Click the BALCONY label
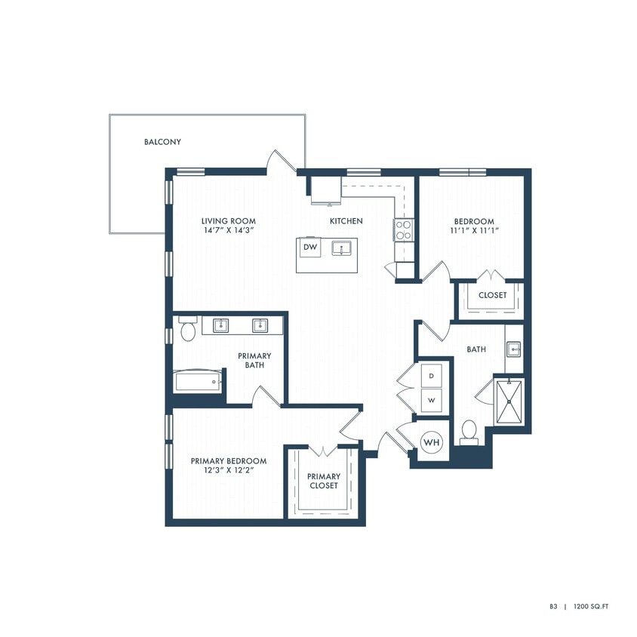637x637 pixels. pyautogui.click(x=162, y=142)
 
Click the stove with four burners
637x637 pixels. pyautogui.click(x=403, y=229)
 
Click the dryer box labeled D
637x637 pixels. pyautogui.click(x=432, y=375)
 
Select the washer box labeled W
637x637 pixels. pyautogui.click(x=432, y=401)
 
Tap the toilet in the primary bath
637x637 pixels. pyautogui.click(x=187, y=330)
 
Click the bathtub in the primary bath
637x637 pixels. pyautogui.click(x=199, y=381)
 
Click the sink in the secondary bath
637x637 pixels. pyautogui.click(x=513, y=349)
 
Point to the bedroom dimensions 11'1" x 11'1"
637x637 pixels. pyautogui.click(x=473, y=231)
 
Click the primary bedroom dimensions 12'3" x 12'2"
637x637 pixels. pyautogui.click(x=228, y=470)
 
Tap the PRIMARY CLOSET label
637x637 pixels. pyautogui.click(x=323, y=481)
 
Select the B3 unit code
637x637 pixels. pyautogui.click(x=553, y=606)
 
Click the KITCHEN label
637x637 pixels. pyautogui.click(x=346, y=221)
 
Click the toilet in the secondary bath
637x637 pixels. pyautogui.click(x=469, y=430)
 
